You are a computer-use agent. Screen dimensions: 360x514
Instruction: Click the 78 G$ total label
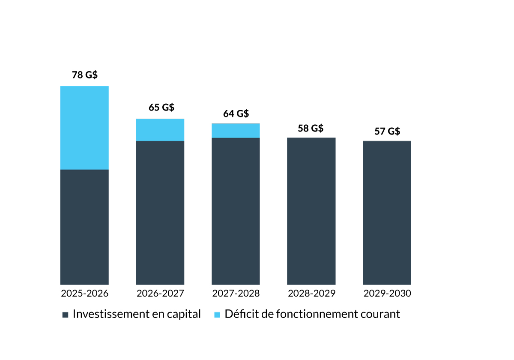click(84, 75)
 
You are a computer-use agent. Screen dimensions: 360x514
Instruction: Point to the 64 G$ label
click(236, 114)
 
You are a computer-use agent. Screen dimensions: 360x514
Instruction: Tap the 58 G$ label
click(311, 128)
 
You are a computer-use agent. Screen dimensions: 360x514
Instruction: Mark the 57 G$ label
click(387, 131)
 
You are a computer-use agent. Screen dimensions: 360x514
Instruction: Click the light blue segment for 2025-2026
click(84, 128)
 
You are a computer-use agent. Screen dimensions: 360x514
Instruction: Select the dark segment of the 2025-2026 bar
click(84, 227)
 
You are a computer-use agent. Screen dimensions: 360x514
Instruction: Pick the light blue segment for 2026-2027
click(160, 130)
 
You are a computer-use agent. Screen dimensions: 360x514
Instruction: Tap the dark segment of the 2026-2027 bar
click(160, 213)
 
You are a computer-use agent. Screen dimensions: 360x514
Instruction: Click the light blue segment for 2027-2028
click(236, 131)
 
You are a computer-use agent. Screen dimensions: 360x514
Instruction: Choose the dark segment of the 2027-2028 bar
click(236, 211)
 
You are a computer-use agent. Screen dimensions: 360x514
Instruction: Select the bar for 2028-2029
click(311, 211)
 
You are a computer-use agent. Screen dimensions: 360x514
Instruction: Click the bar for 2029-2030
click(387, 213)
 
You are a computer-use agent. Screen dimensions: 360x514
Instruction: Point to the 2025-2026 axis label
click(84, 294)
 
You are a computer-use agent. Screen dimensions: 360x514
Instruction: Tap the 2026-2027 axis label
click(160, 294)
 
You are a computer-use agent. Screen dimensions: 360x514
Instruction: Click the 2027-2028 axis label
click(236, 294)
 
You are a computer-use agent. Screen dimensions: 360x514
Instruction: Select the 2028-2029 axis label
click(311, 294)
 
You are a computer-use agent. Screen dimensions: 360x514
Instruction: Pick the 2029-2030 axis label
click(387, 294)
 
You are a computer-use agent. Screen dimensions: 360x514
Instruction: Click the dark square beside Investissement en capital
click(66, 315)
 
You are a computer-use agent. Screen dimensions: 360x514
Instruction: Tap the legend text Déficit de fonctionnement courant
click(312, 314)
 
